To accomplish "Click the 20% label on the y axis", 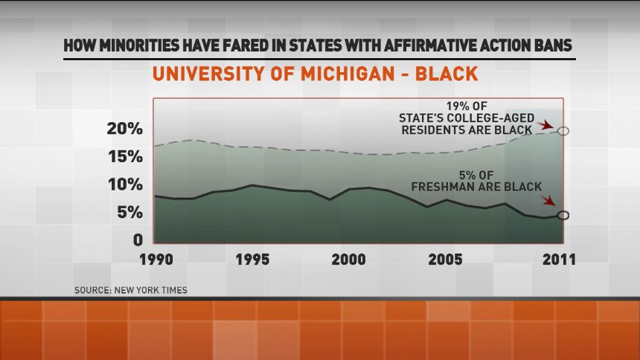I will [123, 129].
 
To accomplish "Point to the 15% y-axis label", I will [124, 157].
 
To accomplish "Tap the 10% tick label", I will [124, 184].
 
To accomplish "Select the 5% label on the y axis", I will [128, 213].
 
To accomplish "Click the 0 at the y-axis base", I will [138, 240].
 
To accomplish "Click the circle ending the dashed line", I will [563, 131].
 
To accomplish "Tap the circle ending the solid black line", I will [563, 216].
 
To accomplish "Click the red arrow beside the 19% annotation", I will [549, 125].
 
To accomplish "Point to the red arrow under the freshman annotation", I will [549, 202].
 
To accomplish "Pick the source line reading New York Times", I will [131, 290].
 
